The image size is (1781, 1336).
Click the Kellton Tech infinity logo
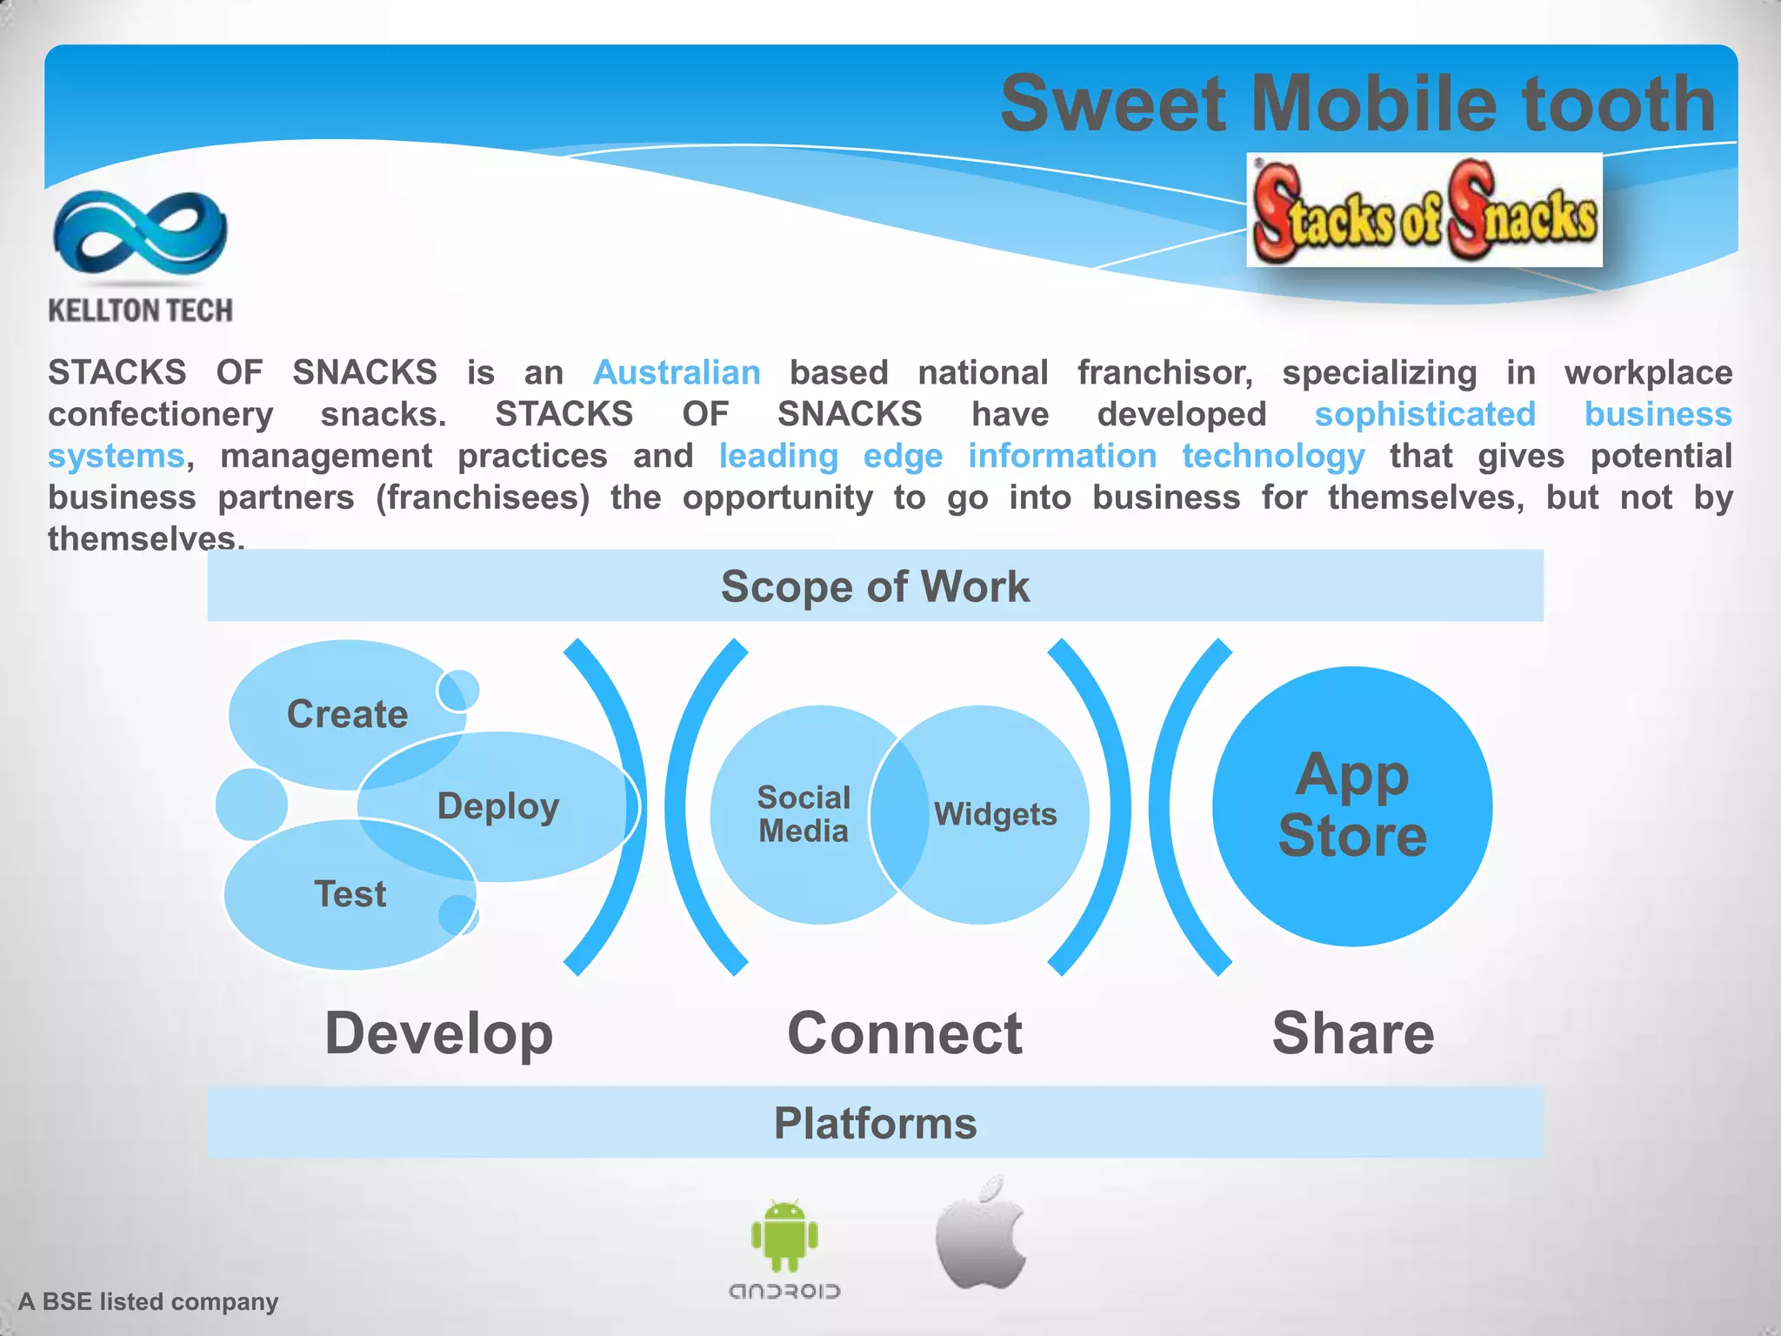(140, 233)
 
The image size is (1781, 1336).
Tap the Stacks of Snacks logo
(1424, 211)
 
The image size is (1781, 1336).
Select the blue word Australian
(677, 372)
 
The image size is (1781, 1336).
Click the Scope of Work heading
(875, 586)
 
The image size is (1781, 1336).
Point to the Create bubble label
(347, 714)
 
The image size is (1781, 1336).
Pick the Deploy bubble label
(497, 806)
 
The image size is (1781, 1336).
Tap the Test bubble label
(350, 894)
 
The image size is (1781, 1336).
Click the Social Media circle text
(804, 814)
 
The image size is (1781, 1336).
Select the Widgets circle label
(995, 814)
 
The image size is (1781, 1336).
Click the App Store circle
(1352, 805)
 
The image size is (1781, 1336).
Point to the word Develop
(438, 1033)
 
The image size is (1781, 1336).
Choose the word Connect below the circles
(904, 1033)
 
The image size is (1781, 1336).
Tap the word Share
(1352, 1033)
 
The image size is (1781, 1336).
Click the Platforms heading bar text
(875, 1123)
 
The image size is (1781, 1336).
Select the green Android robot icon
(784, 1235)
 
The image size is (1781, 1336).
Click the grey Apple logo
(981, 1233)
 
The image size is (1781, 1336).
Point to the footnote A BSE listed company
(148, 1302)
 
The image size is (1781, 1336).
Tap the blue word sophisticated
(1424, 414)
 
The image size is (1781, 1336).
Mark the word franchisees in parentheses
(483, 498)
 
